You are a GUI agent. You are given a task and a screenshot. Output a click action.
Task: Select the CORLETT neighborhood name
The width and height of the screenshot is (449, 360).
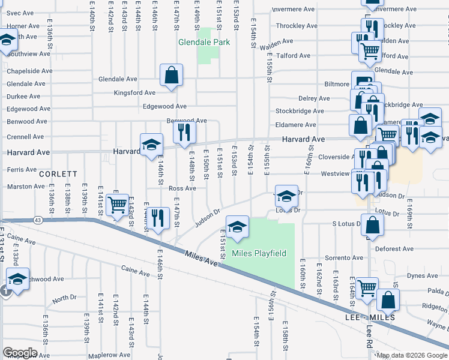(x=59, y=173)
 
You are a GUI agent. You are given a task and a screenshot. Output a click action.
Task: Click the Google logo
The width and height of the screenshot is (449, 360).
(x=20, y=353)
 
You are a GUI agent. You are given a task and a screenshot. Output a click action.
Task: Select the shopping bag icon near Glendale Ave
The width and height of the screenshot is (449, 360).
(x=172, y=76)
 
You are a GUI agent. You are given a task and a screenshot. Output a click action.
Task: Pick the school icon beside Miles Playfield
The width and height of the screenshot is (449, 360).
(x=238, y=226)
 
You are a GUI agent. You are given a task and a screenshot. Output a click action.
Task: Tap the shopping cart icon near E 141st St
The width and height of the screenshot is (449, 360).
(x=118, y=204)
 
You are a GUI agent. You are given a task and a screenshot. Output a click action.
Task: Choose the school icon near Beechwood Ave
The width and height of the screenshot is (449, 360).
(x=18, y=278)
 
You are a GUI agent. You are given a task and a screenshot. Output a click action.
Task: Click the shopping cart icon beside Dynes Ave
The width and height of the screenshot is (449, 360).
(x=367, y=287)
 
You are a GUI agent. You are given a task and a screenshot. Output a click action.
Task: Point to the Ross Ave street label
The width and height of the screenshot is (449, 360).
(x=182, y=188)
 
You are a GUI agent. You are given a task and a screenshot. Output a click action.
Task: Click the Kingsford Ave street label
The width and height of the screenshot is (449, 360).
(x=135, y=93)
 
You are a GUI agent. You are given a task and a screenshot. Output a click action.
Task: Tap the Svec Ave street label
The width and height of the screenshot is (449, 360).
(x=20, y=13)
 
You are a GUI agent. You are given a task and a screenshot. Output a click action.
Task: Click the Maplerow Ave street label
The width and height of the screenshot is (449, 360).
(x=105, y=355)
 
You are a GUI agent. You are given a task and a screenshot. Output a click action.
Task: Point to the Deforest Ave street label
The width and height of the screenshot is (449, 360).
(x=394, y=249)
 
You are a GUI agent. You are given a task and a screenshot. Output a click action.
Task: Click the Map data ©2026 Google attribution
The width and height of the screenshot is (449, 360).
(x=412, y=355)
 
